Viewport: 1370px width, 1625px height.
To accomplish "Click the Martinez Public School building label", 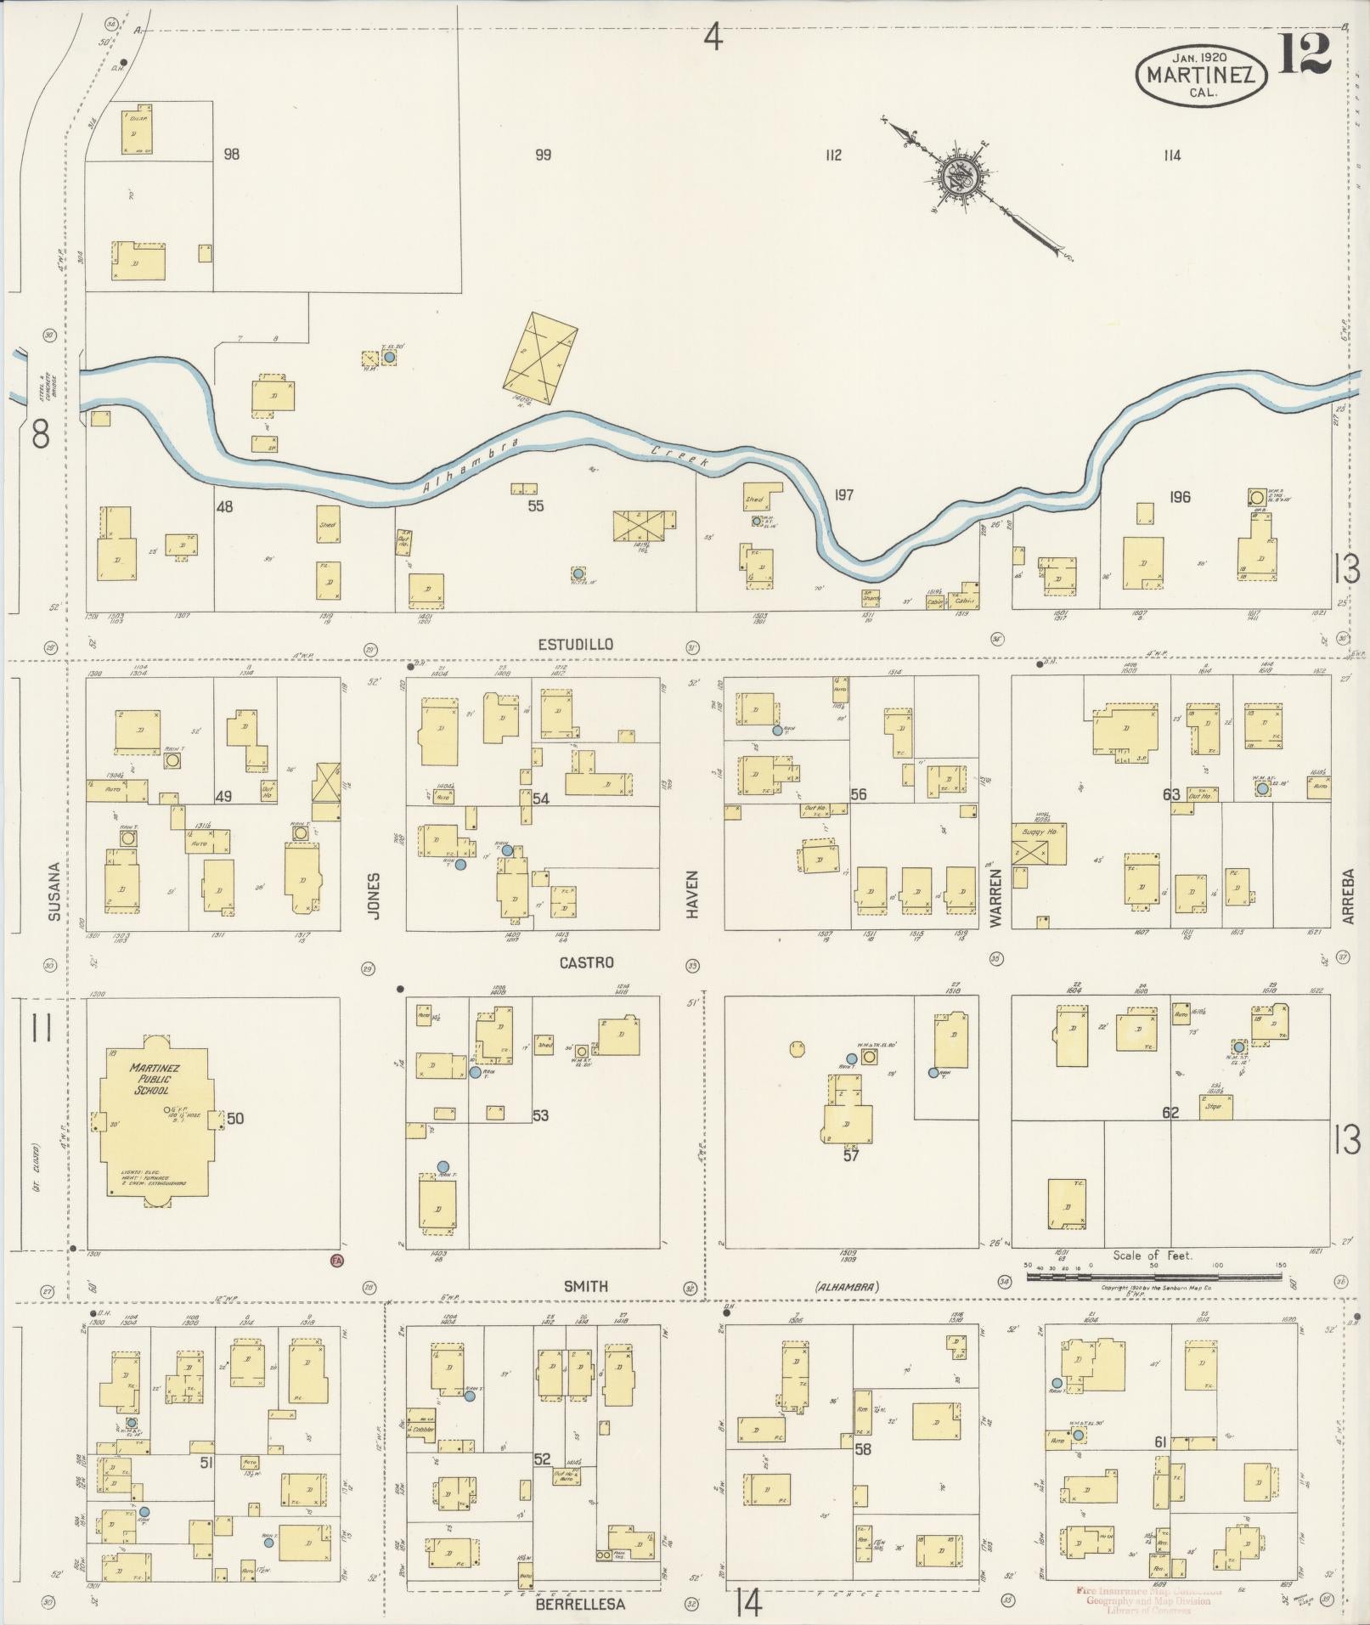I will pos(149,1079).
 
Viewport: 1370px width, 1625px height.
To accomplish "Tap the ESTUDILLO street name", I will pos(575,645).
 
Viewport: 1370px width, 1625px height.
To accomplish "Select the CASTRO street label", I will pos(586,962).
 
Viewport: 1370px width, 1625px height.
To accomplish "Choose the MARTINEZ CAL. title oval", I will pos(1201,75).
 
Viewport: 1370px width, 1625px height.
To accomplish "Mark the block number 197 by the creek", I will pos(843,495).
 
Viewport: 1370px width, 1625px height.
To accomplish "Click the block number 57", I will pos(851,1154).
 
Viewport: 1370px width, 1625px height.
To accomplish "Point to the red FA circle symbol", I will pos(336,1261).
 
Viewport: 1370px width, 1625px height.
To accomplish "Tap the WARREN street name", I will pos(995,896).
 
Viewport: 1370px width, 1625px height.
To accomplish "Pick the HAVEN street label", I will pos(692,894).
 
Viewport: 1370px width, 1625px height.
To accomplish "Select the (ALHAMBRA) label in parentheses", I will pos(846,1287).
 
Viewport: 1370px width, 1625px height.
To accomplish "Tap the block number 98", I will pos(231,155).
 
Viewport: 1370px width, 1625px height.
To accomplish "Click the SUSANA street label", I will pos(54,892).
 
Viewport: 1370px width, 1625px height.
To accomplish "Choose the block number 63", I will pos(1171,795).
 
